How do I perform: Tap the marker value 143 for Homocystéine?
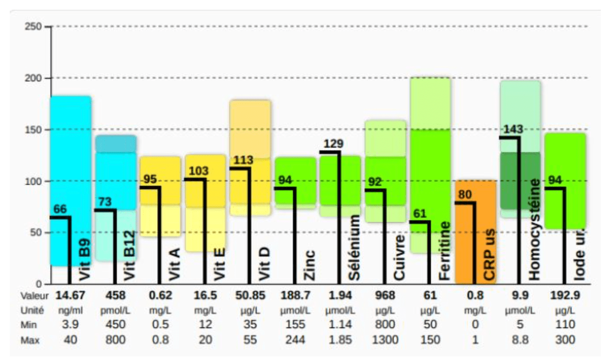[513, 129]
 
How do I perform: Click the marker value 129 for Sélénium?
[334, 144]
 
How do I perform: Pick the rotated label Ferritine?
[445, 251]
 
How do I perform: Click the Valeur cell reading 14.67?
[69, 295]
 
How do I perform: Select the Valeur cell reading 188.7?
[295, 295]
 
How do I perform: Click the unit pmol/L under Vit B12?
[115, 310]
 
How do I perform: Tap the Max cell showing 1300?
[385, 340]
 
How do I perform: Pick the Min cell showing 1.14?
[340, 325]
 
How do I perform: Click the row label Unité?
[31, 310]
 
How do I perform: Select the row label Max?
[29, 340]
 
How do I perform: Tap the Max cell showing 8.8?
[520, 340]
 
